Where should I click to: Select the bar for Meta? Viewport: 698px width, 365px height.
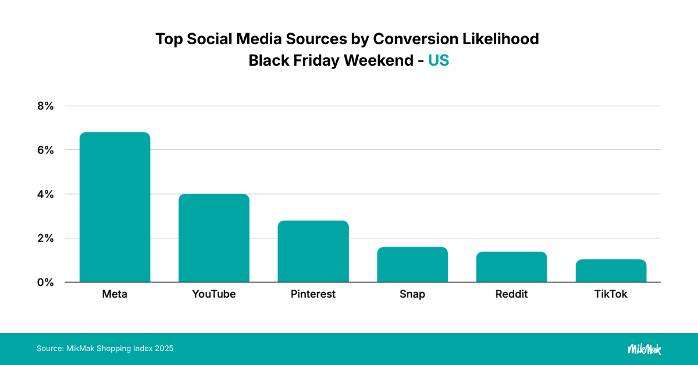(115, 207)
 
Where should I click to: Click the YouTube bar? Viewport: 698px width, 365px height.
(213, 238)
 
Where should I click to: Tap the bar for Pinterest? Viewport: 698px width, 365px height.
(313, 251)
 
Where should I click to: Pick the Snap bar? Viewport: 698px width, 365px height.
(412, 264)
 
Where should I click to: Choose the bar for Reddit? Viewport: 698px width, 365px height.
(511, 267)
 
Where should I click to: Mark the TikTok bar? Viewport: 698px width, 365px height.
(611, 271)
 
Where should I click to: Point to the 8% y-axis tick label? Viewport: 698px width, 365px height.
(45, 106)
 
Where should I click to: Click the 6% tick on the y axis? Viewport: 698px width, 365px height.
(45, 150)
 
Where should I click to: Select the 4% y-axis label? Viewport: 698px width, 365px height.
(45, 194)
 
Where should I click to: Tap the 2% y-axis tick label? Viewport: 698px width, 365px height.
(45, 238)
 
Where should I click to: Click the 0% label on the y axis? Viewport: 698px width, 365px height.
(45, 282)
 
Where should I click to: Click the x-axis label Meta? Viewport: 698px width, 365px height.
(115, 294)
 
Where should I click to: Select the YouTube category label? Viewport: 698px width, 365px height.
(213, 294)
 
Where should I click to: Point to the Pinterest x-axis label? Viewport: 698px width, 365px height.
(313, 294)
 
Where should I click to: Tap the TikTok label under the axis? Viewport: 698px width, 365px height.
(611, 294)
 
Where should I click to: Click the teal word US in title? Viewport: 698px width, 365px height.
(439, 60)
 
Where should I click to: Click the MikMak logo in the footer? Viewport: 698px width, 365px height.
(644, 349)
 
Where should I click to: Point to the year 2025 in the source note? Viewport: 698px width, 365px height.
(164, 349)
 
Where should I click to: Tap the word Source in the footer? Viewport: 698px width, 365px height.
(48, 349)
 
